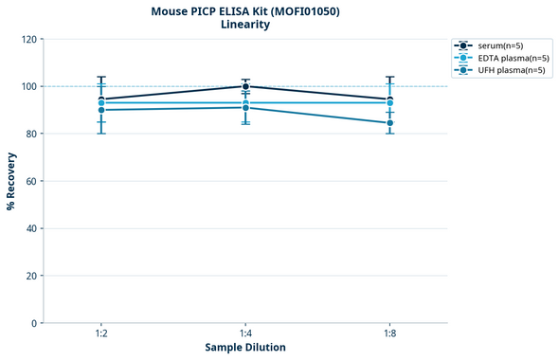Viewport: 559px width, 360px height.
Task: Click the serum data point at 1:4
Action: pyautogui.click(x=245, y=86)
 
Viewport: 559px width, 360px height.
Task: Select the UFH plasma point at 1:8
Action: pyautogui.click(x=389, y=123)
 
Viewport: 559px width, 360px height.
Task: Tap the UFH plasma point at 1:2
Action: pyautogui.click(x=101, y=110)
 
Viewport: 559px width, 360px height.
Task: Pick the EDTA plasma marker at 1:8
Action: pyautogui.click(x=389, y=102)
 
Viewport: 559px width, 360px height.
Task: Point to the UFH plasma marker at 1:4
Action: pyautogui.click(x=245, y=108)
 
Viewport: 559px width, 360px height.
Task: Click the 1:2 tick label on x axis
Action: pyautogui.click(x=101, y=333)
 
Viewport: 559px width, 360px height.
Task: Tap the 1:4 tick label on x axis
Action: pyautogui.click(x=245, y=333)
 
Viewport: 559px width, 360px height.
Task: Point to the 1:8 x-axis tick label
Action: pyautogui.click(x=389, y=333)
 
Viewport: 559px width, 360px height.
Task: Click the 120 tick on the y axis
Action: pyautogui.click(x=29, y=39)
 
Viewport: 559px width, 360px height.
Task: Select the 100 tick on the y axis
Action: pyautogui.click(x=29, y=86)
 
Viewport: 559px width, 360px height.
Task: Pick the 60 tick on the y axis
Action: pyautogui.click(x=32, y=181)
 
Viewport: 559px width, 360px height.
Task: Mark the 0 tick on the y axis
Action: pyautogui.click(x=35, y=323)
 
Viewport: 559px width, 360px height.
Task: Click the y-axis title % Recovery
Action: pyautogui.click(x=11, y=181)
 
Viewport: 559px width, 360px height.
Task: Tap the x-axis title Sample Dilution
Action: pyautogui.click(x=245, y=348)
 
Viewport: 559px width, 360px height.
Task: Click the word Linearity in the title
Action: pyautogui.click(x=244, y=25)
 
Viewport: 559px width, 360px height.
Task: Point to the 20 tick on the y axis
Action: pyautogui.click(x=32, y=276)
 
